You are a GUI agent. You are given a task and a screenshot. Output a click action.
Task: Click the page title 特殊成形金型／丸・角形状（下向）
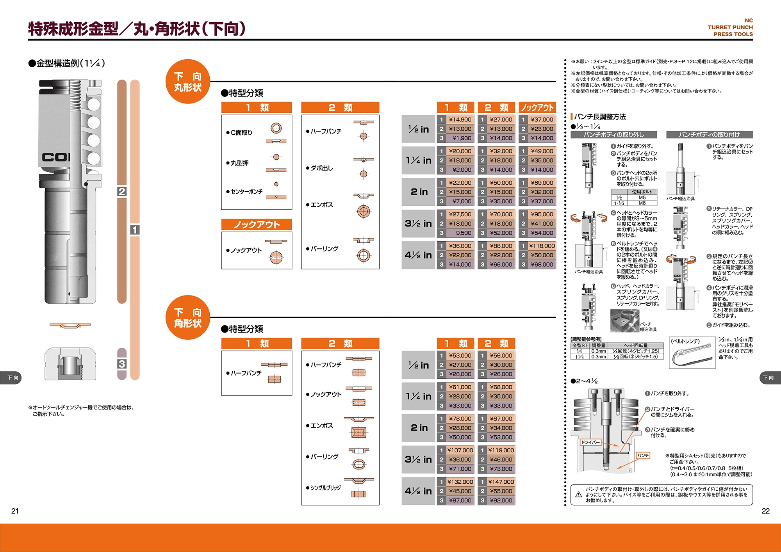tap(137, 29)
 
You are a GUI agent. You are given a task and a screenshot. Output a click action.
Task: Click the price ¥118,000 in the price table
tap(542, 246)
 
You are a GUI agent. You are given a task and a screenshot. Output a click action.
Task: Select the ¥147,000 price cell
tap(501, 482)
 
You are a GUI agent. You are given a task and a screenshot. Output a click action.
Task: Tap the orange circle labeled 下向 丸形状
tap(188, 82)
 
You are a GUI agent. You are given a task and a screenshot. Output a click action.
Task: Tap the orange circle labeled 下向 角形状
tap(188, 317)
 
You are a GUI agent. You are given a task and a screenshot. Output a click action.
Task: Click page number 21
tap(15, 511)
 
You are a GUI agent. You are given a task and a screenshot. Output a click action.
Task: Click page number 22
tap(765, 511)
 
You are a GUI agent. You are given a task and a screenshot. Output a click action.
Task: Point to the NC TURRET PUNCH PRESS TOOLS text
tap(731, 27)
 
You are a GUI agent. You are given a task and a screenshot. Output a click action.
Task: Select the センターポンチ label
tap(246, 192)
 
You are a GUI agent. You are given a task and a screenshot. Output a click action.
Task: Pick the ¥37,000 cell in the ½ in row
tap(542, 120)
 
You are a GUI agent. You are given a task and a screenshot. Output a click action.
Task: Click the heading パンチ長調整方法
tap(600, 117)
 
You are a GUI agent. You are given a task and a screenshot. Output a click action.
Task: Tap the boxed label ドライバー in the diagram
tap(590, 442)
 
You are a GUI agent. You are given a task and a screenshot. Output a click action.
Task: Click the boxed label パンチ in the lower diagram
tap(643, 455)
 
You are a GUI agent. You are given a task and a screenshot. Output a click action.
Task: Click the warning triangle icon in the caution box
tap(579, 495)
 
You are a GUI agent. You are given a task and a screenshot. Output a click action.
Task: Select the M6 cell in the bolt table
tap(642, 203)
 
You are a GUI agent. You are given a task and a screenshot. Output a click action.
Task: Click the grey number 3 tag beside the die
tap(122, 364)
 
